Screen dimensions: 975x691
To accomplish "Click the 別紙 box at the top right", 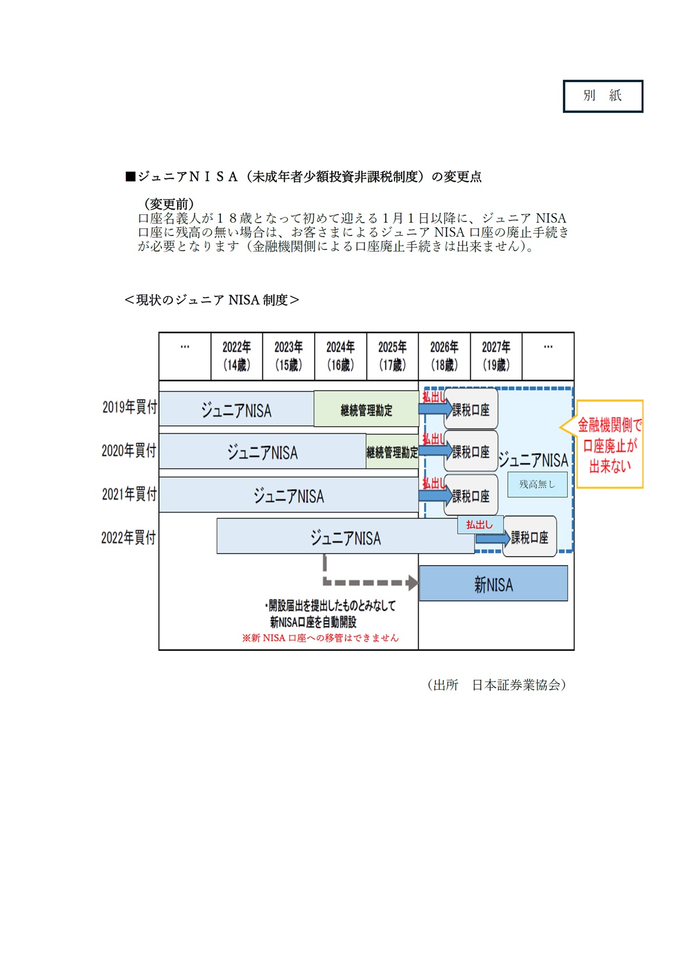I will pos(602,96).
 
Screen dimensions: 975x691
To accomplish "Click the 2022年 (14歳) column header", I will pos(236,356).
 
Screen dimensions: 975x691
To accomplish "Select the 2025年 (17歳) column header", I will pos(392,356).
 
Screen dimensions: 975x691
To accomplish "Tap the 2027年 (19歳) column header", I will pos(496,356).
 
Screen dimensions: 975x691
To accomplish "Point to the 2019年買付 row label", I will pos(129,407).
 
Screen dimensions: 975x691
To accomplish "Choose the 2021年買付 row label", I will pos(129,494).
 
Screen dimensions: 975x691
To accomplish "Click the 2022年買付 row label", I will pos(129,537).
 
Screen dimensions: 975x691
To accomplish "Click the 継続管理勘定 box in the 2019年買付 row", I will pos(366,409).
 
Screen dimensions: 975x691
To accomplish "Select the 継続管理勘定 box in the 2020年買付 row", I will pos(392,452).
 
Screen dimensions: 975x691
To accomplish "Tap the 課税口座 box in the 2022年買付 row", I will pos(530,537).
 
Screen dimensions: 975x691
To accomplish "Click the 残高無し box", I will pos(537,484).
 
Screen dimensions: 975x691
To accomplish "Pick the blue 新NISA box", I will pos(493,584).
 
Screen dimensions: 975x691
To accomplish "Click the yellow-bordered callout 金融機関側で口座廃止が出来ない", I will pos(609,445).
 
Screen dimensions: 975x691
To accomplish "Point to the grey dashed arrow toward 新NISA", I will pos(366,582).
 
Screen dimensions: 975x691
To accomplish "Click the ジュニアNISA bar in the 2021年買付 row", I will pos(289,495).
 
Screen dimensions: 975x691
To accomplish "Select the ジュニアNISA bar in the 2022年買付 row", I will pos(345,538).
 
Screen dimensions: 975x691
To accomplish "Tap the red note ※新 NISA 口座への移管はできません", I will pos(320,638).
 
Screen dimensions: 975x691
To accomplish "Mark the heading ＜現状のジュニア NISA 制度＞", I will pos(211,300).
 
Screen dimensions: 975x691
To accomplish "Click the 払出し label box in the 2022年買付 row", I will pos(480,524).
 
